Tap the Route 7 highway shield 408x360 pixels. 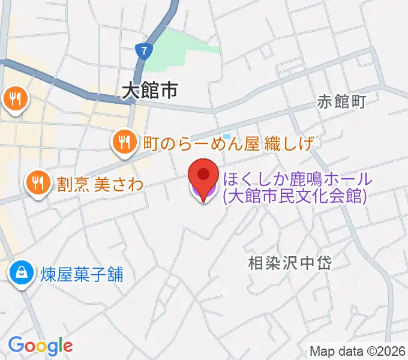[x=143, y=52]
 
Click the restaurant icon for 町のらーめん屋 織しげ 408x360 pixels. [x=124, y=142]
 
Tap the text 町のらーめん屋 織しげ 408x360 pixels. [x=229, y=143]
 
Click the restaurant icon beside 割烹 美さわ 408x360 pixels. [x=39, y=183]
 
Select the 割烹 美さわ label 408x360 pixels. [x=100, y=184]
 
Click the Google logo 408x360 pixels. [x=40, y=346]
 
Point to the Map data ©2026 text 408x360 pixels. [x=358, y=351]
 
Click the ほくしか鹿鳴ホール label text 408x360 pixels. [x=298, y=179]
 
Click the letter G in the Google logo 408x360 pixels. [x=15, y=345]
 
